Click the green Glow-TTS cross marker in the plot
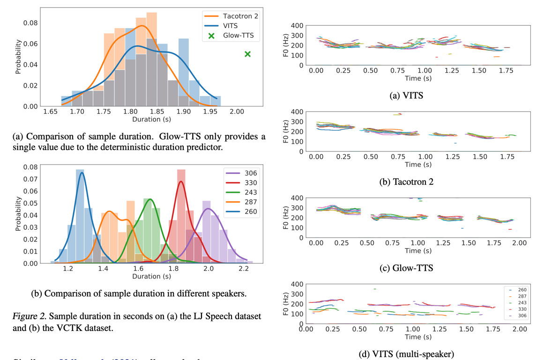tap(247, 54)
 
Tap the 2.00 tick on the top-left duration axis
tap(237, 112)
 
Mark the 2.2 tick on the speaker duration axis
tap(243, 269)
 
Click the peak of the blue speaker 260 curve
tap(82, 172)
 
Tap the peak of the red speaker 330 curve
tap(181, 181)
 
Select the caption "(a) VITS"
tap(406, 96)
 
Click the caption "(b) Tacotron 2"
tap(406, 181)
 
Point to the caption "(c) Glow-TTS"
tap(406, 268)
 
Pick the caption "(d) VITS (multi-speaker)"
tap(406, 354)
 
